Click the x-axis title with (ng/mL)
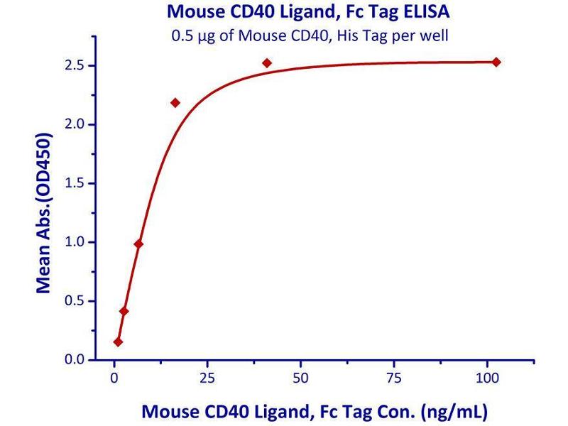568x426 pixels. click(315, 411)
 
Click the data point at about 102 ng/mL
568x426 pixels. click(496, 62)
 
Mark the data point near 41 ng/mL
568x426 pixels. click(267, 63)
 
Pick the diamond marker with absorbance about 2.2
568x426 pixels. click(175, 103)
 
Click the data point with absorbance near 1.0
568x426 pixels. click(138, 244)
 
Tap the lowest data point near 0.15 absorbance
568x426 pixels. click(118, 342)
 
